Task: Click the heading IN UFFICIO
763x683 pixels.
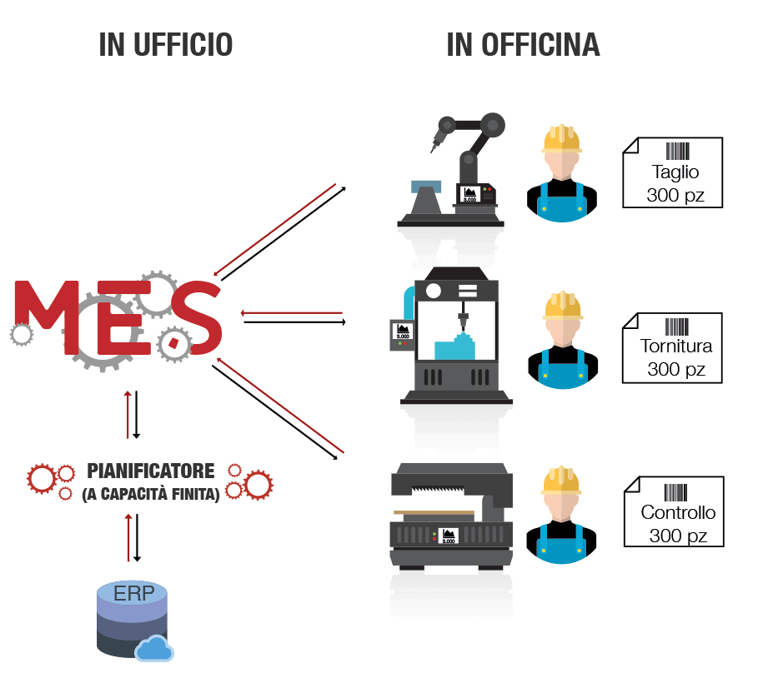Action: [x=165, y=45]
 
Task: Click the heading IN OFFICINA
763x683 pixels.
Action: [x=523, y=45]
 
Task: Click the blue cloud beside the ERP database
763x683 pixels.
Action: [x=154, y=647]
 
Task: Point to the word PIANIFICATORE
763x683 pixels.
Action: [x=150, y=471]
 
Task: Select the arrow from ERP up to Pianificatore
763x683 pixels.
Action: [x=128, y=536]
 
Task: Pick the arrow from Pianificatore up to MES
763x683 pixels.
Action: [x=128, y=413]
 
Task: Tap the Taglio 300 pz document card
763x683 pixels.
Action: [x=672, y=173]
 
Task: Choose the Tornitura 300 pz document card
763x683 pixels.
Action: [x=672, y=347]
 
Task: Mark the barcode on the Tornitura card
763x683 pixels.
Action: [x=676, y=326]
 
